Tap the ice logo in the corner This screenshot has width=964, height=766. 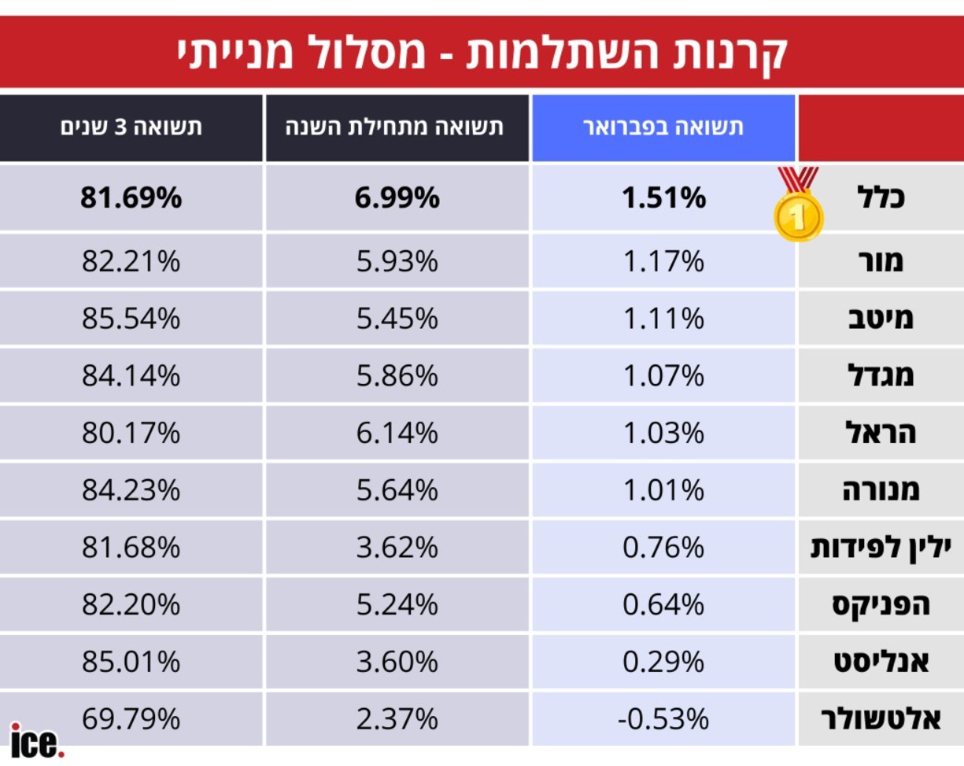(x=37, y=740)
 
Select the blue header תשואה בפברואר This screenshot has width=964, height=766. (x=663, y=128)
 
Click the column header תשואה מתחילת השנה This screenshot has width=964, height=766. (x=397, y=128)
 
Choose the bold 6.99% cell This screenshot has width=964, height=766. (x=397, y=197)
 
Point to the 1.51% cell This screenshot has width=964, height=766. (x=663, y=197)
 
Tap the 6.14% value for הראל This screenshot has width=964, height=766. (x=397, y=433)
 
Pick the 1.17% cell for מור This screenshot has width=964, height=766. (x=663, y=261)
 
